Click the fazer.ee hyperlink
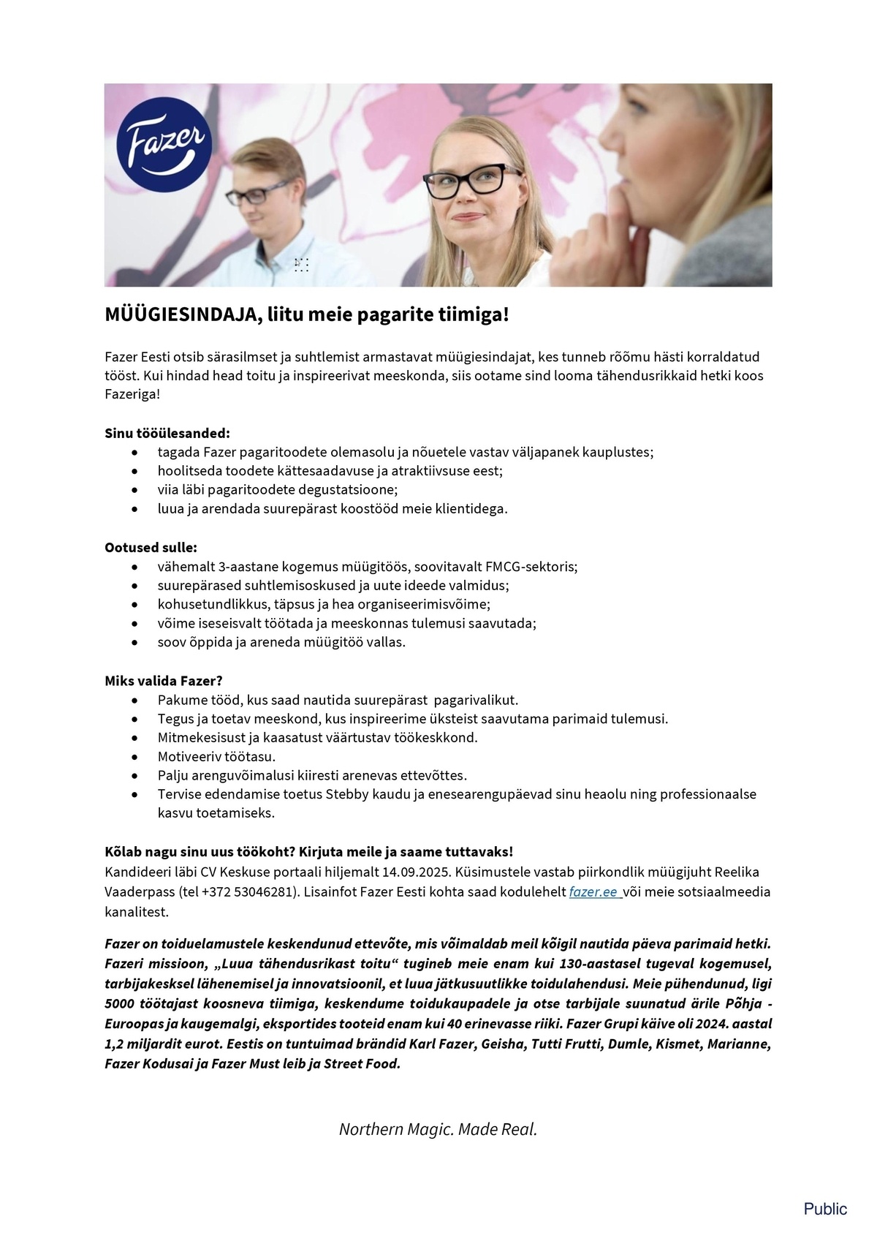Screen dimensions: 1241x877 coord(593,892)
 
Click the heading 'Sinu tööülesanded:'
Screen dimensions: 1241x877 coord(167,433)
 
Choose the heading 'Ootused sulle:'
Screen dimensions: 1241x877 coord(151,548)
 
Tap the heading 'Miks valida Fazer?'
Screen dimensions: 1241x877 coord(164,681)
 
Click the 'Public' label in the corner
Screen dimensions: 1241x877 coord(825,1209)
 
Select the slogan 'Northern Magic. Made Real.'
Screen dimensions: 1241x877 coord(438,1129)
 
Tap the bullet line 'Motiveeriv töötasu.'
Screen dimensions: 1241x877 coord(216,756)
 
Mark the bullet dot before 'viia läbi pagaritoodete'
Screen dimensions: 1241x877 coord(134,490)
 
